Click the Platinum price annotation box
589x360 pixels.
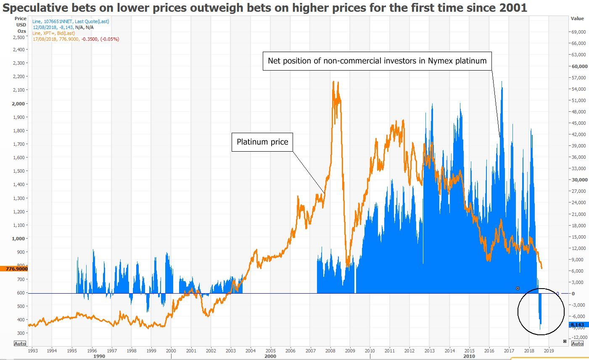coord(262,142)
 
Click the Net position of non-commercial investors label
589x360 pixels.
coord(377,61)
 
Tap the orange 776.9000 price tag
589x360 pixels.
coord(14,268)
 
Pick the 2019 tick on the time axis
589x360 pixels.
coord(549,350)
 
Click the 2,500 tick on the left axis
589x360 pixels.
coord(19,37)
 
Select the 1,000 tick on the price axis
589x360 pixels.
coord(19,238)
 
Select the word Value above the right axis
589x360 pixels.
coord(577,18)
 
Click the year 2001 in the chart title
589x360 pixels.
coord(513,8)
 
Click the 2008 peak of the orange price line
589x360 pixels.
coord(333,82)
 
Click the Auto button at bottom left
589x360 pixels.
coord(20,344)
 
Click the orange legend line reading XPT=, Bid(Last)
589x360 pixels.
coord(53,33)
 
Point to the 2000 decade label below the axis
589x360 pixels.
coord(270,356)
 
